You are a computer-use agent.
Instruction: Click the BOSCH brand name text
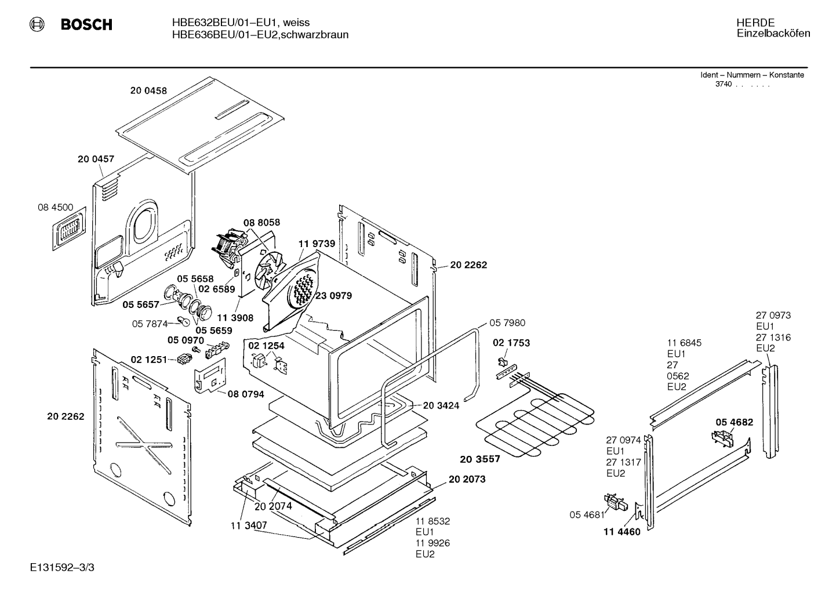coord(86,24)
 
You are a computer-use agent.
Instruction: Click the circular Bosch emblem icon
coord(37,24)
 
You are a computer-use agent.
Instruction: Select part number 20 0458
coord(148,90)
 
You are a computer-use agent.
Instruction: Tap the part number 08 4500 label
coord(56,207)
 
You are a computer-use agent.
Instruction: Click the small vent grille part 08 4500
coord(69,229)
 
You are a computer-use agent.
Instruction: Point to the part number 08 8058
coord(261,223)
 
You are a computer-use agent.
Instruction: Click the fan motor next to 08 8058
coord(228,248)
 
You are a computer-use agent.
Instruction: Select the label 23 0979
coord(334,296)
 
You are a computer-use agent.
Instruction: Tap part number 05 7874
coord(150,324)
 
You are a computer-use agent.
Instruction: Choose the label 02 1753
coord(511,343)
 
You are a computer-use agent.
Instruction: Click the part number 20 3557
coord(479,459)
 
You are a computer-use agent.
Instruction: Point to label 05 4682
coord(735,422)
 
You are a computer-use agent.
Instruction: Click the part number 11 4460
coord(622,532)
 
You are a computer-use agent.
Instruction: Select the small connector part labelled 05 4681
coord(616,502)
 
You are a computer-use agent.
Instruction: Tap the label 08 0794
coord(246,394)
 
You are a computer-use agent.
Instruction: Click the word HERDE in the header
coord(755,23)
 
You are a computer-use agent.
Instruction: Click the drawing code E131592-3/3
coord(63,568)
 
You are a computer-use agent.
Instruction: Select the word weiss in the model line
coord(296,23)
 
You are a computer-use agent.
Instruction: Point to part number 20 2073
coord(467,479)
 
